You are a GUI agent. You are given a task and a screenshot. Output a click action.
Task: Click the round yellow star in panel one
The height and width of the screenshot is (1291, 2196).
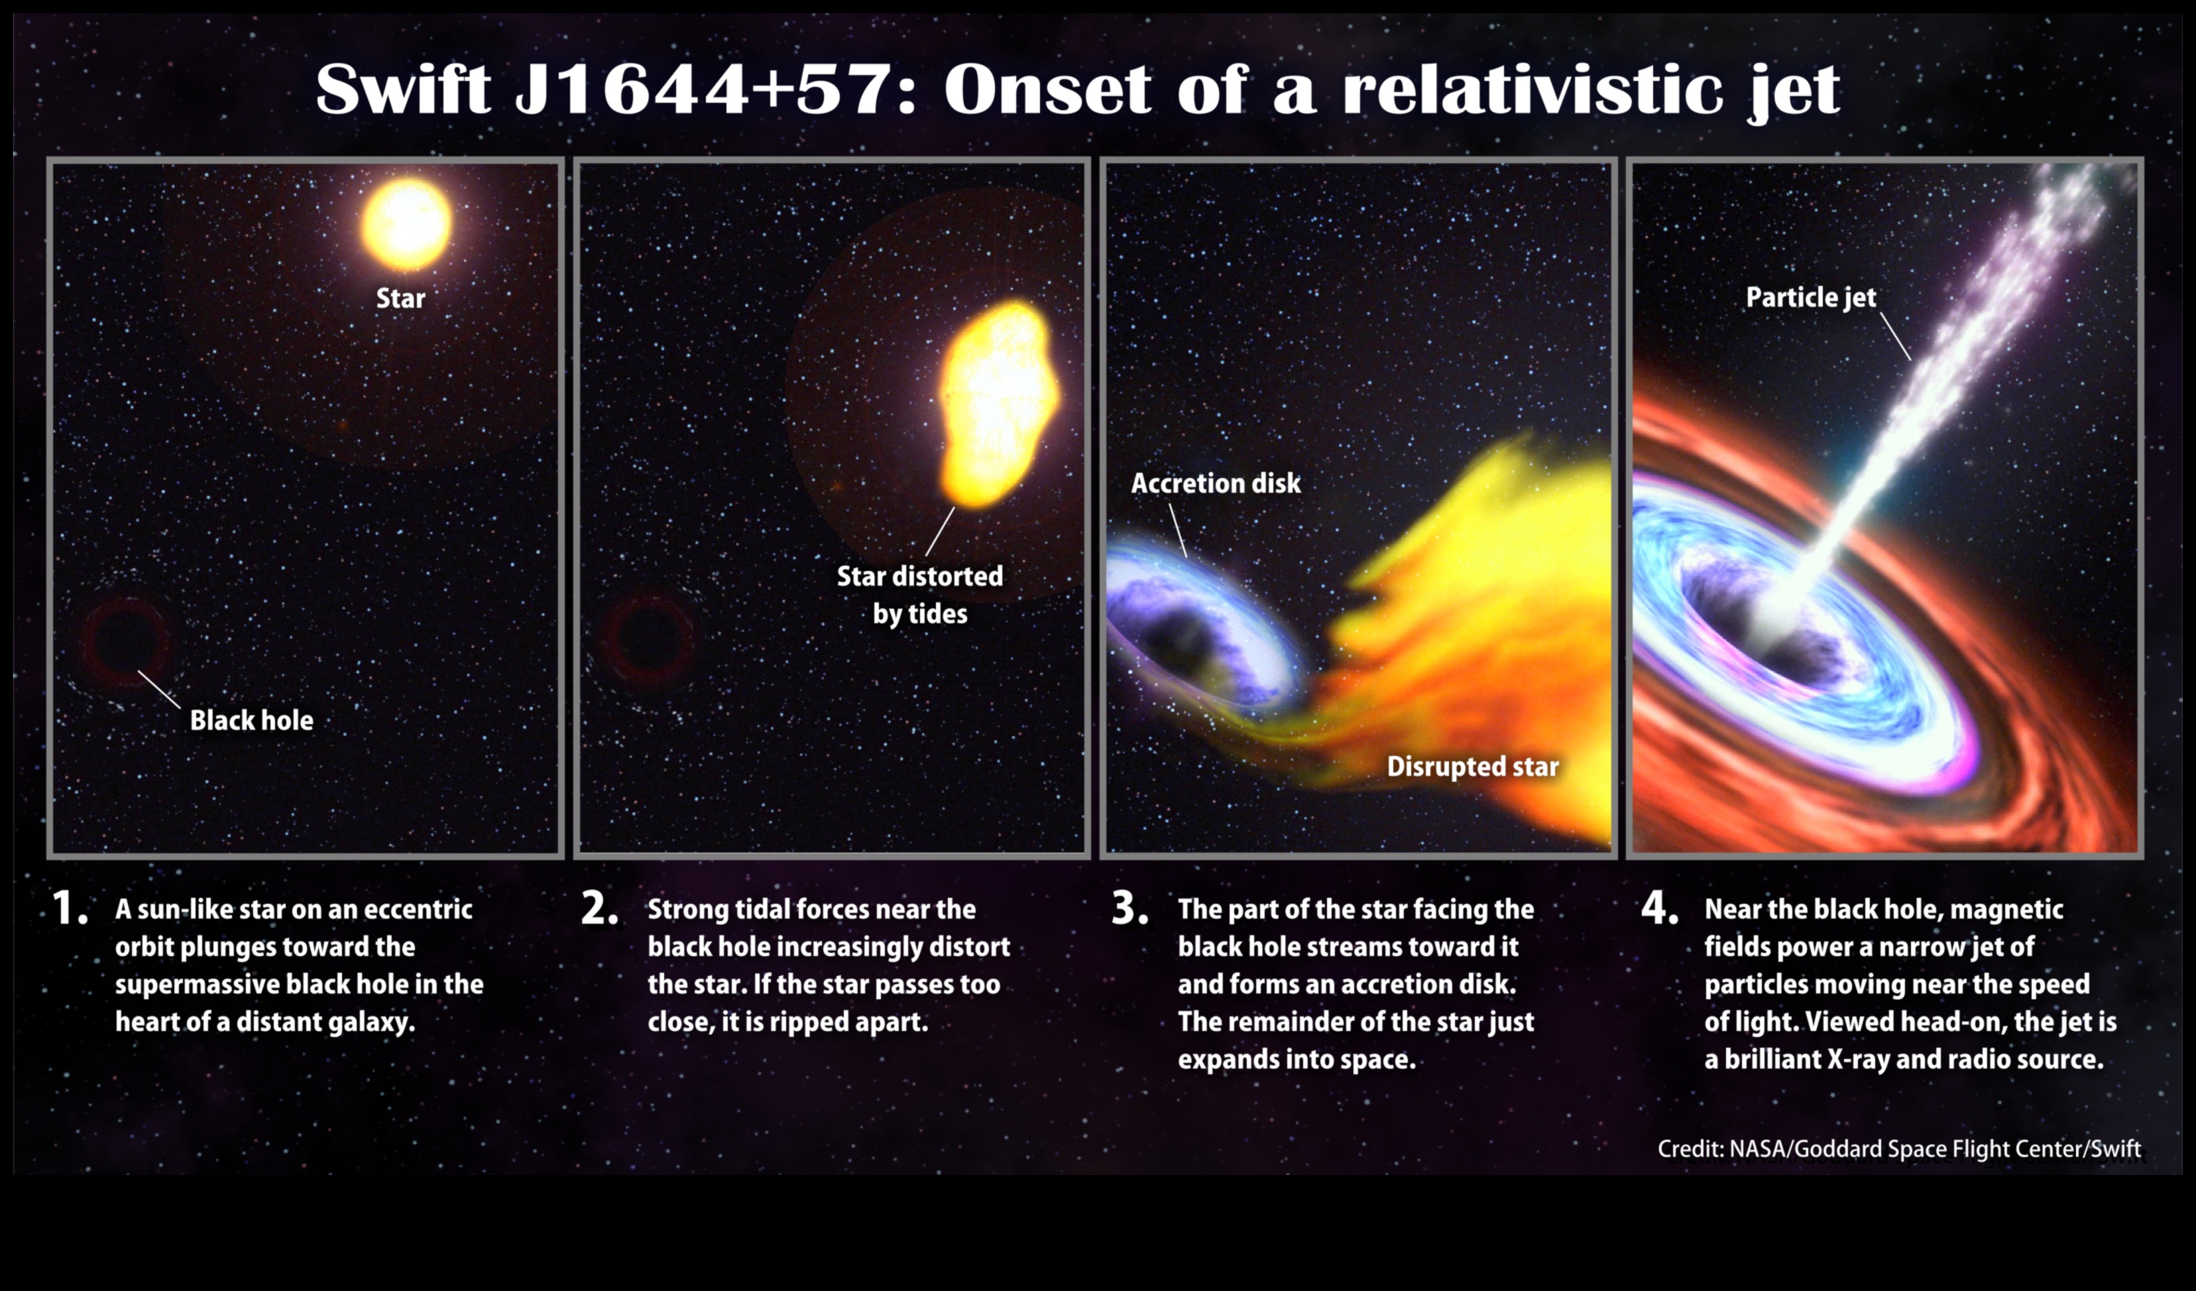406,223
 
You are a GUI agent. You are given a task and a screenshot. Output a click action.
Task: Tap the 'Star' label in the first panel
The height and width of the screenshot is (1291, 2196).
400,298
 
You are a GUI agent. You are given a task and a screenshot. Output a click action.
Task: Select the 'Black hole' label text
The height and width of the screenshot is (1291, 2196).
252,720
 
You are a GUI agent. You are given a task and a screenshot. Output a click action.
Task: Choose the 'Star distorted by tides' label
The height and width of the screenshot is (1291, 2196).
920,595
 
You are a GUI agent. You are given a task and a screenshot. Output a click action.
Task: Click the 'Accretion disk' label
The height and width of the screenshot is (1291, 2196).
1216,483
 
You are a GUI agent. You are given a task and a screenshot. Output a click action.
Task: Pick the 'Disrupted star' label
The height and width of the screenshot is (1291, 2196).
1473,767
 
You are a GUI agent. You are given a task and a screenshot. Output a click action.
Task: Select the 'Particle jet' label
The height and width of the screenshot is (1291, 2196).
1811,297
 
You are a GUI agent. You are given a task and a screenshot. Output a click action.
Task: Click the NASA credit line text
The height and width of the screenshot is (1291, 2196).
1899,1149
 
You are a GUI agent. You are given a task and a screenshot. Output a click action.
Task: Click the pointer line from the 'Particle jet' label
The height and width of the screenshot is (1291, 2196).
1895,336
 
